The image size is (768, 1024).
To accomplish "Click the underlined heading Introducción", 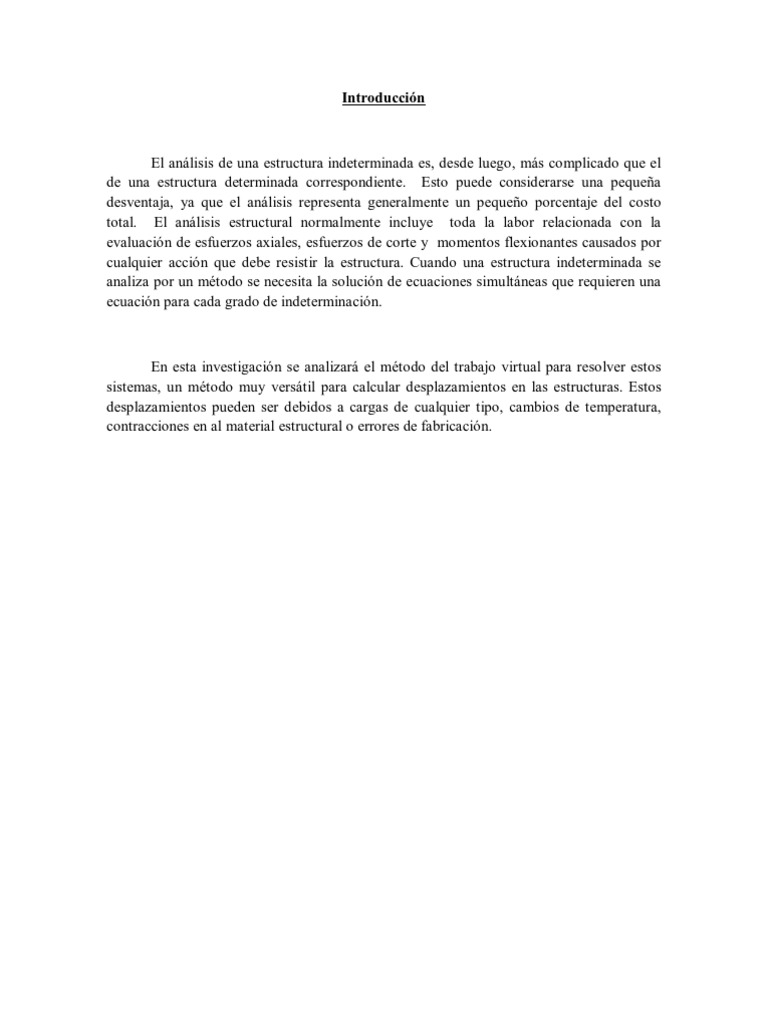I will [x=384, y=99].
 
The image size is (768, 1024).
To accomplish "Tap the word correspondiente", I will [x=350, y=182].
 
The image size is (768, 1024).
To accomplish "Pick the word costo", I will [x=643, y=202].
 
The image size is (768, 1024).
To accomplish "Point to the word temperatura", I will [x=622, y=408].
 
